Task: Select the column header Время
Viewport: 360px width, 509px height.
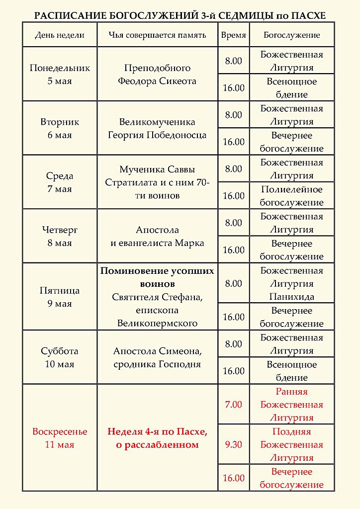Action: (x=233, y=35)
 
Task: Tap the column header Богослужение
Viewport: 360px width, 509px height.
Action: (x=291, y=35)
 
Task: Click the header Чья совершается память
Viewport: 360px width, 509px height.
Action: (x=157, y=35)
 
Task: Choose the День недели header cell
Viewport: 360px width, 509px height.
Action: (x=60, y=35)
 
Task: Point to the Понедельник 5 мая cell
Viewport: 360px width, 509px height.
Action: (x=60, y=75)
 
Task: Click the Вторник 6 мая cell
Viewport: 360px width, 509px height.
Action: (x=60, y=128)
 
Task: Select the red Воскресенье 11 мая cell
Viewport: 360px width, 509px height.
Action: (x=60, y=438)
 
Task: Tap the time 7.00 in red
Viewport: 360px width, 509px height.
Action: (x=233, y=405)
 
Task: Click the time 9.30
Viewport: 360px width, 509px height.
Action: (x=233, y=445)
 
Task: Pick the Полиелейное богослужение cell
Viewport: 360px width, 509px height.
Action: (x=291, y=196)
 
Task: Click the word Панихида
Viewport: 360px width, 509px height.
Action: (x=291, y=297)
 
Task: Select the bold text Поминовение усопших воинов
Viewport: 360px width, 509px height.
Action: (x=157, y=277)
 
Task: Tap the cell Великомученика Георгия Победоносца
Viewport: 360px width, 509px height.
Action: (x=157, y=128)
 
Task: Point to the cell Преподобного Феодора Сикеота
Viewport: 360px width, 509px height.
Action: (x=157, y=75)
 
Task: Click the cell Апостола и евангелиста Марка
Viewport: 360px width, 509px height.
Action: (x=157, y=237)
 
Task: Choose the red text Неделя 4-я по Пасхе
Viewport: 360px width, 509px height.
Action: (x=157, y=431)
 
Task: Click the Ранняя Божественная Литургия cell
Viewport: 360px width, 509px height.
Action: (x=291, y=405)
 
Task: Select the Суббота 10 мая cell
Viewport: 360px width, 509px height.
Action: (x=60, y=357)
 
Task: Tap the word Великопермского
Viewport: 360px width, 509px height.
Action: (x=157, y=323)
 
